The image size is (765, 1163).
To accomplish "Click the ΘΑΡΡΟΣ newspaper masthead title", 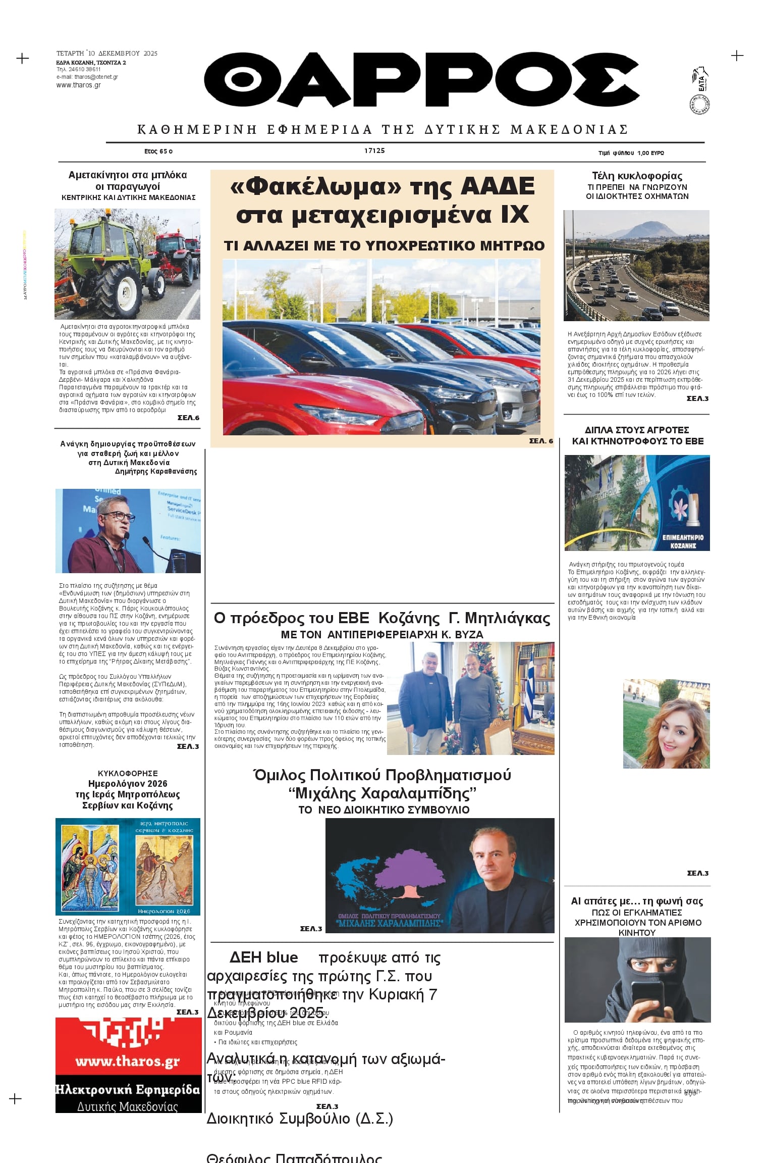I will click(x=422, y=79).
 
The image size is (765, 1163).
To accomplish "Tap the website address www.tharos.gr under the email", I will click(x=78, y=85).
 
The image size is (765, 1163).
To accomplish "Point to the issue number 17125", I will click(x=374, y=150).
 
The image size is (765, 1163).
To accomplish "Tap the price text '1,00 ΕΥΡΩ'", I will click(x=650, y=153).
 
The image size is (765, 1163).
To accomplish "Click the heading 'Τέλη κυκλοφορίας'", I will click(x=637, y=176).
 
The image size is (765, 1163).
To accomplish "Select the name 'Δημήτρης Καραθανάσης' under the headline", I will click(x=156, y=471).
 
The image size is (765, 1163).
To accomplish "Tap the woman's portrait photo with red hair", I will click(x=666, y=724).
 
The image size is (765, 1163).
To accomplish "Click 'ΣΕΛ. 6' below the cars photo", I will click(x=541, y=441).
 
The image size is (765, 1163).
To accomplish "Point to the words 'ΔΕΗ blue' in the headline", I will click(x=263, y=957).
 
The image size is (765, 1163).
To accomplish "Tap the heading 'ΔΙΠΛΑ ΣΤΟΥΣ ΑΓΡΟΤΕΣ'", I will click(x=637, y=430).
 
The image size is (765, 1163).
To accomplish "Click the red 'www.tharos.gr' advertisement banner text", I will click(x=128, y=1061).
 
